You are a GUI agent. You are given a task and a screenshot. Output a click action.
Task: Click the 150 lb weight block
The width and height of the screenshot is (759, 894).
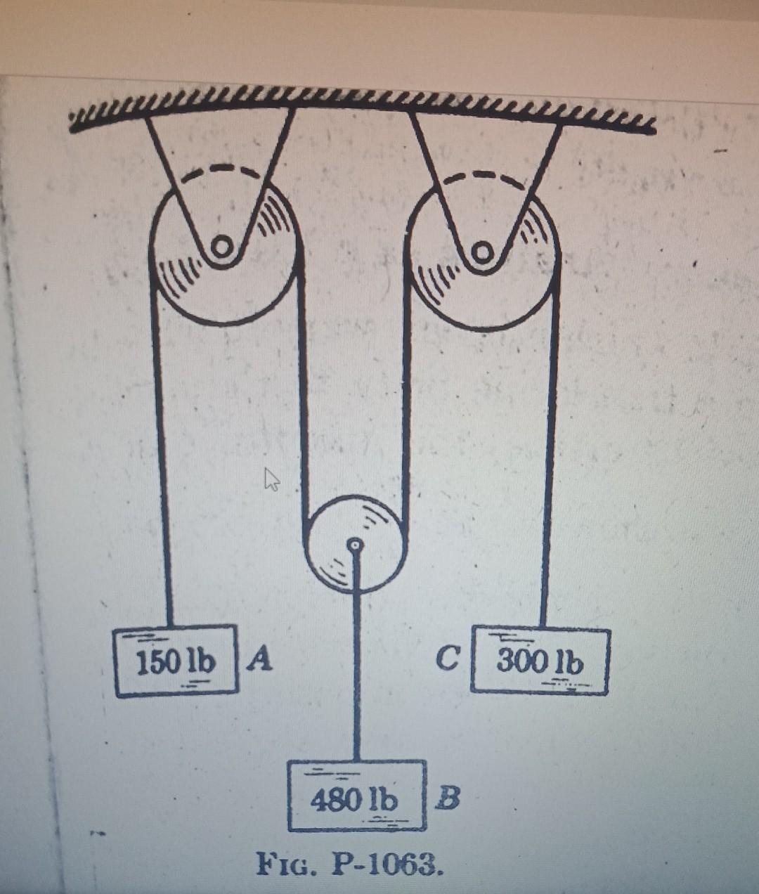[x=176, y=661]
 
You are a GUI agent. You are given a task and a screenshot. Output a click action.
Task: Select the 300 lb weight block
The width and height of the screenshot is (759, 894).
[x=540, y=661]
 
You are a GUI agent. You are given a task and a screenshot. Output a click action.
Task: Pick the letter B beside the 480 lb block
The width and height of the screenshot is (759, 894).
[x=447, y=797]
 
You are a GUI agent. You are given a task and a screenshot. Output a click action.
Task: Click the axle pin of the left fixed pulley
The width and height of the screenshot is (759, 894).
[x=221, y=246]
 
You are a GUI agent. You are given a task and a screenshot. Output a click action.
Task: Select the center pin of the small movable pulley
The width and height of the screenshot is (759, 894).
[x=356, y=543]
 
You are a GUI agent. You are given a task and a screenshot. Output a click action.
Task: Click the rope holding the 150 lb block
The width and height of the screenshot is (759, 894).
[x=162, y=457]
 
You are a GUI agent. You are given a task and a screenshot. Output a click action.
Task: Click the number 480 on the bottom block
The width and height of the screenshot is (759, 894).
[x=333, y=798]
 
